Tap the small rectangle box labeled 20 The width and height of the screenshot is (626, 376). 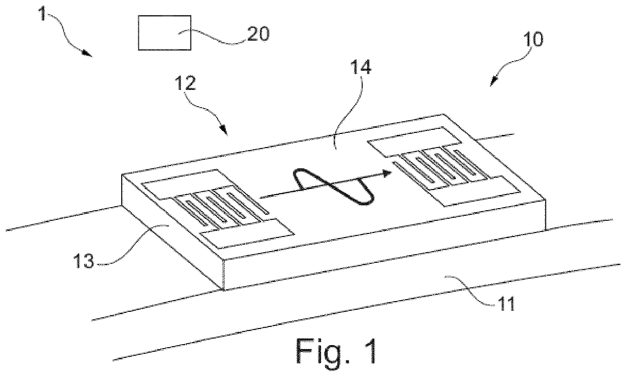[165, 32]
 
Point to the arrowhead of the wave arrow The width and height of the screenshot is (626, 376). [387, 173]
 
